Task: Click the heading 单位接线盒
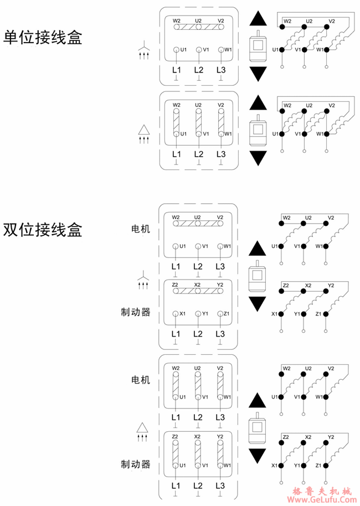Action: point(43,38)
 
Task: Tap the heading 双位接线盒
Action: point(43,229)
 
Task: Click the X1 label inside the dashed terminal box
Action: point(182,313)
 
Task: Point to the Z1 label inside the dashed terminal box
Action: point(227,313)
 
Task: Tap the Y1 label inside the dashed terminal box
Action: point(205,313)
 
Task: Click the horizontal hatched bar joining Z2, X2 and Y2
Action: point(198,291)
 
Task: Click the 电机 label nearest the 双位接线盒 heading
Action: point(140,229)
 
